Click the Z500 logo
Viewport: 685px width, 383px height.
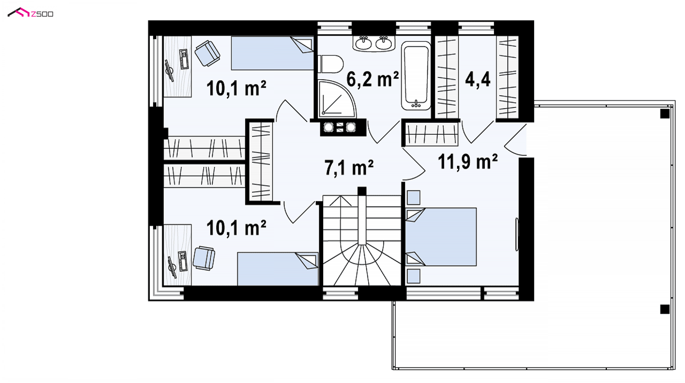coord(30,13)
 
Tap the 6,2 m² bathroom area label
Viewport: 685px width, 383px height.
coord(372,79)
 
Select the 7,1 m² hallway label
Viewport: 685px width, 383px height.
coord(349,167)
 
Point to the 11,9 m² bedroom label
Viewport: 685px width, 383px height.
coord(467,162)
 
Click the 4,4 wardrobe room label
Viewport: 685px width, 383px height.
coord(478,79)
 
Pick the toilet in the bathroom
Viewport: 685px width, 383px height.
coord(331,64)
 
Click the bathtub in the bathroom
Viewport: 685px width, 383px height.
coord(416,75)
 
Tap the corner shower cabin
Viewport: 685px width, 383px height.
coord(337,99)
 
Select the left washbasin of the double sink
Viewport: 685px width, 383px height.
coord(364,43)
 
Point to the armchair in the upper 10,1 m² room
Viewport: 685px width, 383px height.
coord(207,53)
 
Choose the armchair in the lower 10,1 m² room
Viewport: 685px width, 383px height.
coord(204,258)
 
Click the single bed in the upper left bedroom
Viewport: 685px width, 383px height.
coord(272,53)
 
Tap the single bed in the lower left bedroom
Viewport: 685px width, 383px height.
coord(278,269)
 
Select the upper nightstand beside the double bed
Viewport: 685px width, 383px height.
coord(413,197)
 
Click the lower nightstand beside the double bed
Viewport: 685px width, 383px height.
coord(413,276)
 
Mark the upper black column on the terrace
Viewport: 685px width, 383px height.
coord(665,114)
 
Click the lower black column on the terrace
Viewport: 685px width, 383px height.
coord(665,309)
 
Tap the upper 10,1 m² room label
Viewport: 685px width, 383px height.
coord(236,88)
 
